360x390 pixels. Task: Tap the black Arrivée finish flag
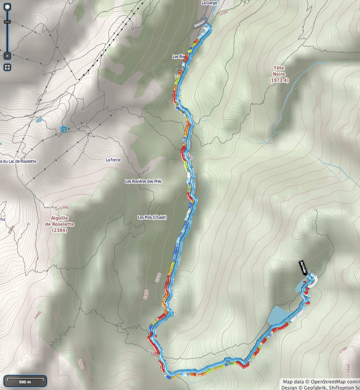pyautogui.click(x=303, y=267)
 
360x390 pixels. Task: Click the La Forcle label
pyautogui.click(x=113, y=160)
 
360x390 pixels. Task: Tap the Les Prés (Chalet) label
pyautogui.click(x=152, y=217)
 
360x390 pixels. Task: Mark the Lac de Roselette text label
pyautogui.click(x=19, y=161)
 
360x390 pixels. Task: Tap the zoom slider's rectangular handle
pyautogui.click(x=7, y=22)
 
